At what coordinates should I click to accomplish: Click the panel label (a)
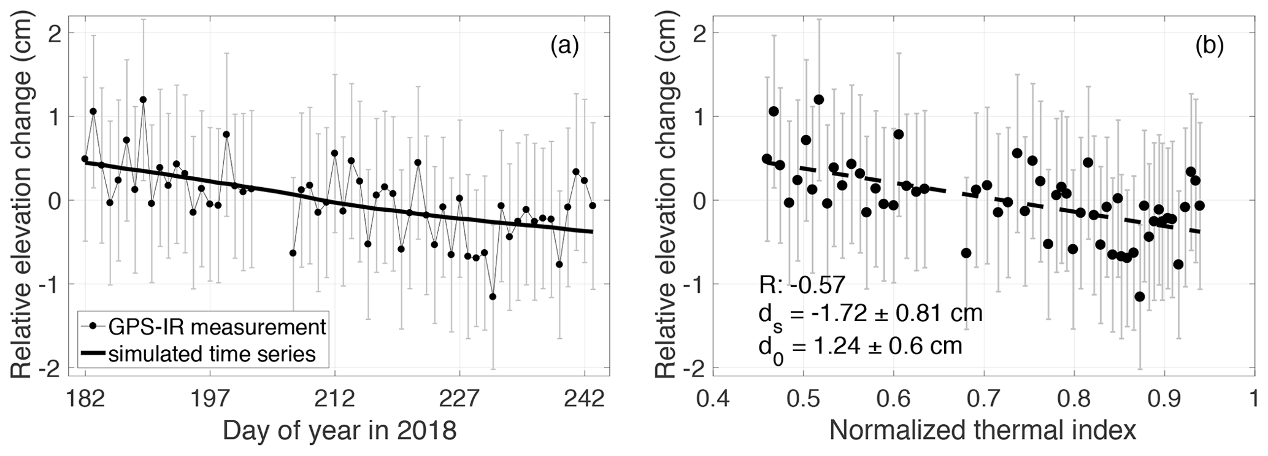pyautogui.click(x=564, y=46)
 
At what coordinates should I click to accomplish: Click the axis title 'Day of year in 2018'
pyautogui.click(x=340, y=431)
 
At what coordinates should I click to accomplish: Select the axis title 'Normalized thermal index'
pyautogui.click(x=983, y=431)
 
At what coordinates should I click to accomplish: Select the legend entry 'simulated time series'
pyautogui.click(x=212, y=354)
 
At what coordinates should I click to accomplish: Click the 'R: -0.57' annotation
pyautogui.click(x=801, y=285)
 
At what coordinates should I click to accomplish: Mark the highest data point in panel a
pyautogui.click(x=143, y=99)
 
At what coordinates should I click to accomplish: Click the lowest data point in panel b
pyautogui.click(x=1140, y=296)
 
